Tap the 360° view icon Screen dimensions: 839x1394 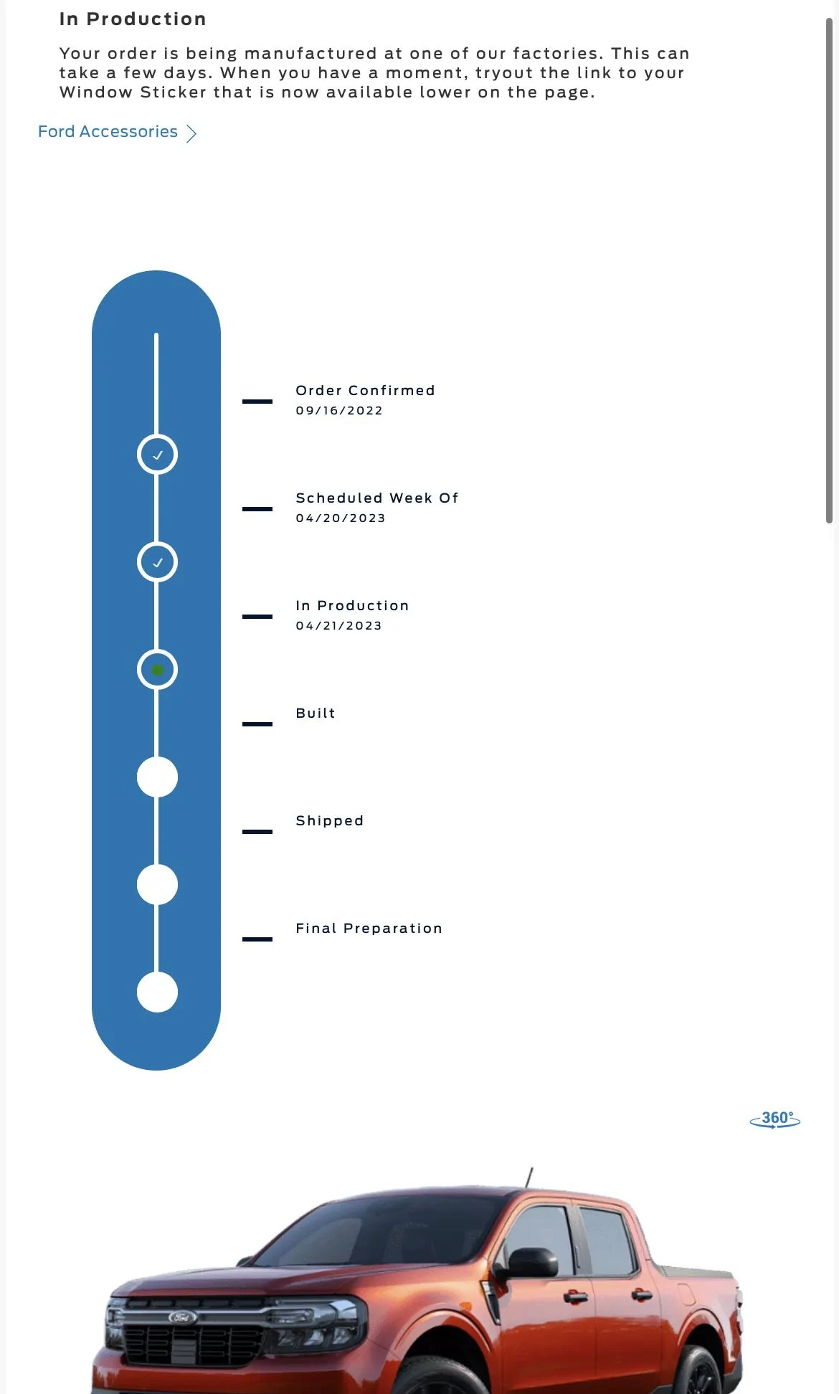(x=775, y=1119)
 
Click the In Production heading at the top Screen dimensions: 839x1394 (x=133, y=19)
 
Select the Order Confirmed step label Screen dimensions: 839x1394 (x=365, y=391)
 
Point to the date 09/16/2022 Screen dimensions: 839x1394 (x=339, y=411)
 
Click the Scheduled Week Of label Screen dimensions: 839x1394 (x=377, y=498)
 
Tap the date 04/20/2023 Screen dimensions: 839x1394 (x=341, y=518)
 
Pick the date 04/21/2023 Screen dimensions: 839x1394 (x=339, y=626)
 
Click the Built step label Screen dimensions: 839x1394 (x=316, y=713)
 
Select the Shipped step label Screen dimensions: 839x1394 (x=330, y=821)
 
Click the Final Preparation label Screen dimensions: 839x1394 (x=369, y=929)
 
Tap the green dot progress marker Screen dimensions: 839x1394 (x=158, y=670)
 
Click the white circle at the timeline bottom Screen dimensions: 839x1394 (x=157, y=992)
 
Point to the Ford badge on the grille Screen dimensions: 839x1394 (x=182, y=1317)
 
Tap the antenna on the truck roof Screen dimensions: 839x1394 (x=529, y=1177)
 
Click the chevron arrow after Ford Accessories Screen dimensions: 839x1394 (x=191, y=133)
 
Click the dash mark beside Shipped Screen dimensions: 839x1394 (x=257, y=832)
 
